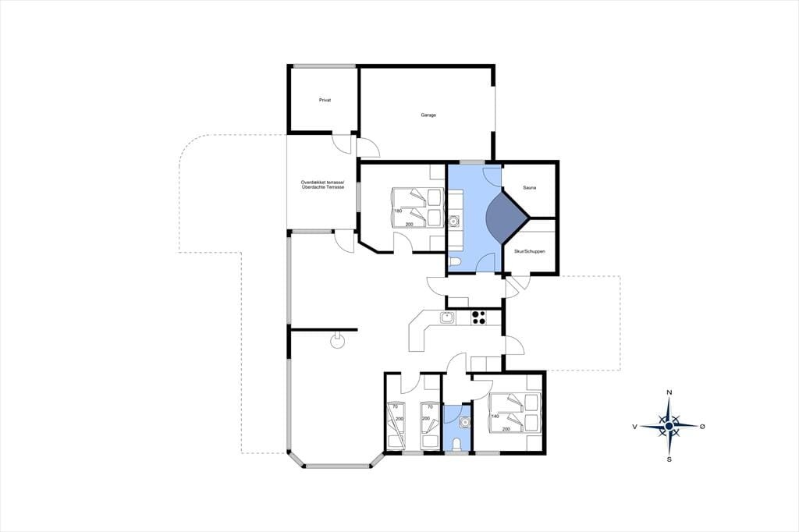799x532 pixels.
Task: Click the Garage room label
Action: [428, 115]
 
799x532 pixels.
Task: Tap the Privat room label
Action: [325, 101]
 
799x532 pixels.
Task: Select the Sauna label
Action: [530, 188]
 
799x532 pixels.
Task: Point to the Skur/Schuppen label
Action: [530, 252]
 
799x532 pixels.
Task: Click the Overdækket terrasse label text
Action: [322, 183]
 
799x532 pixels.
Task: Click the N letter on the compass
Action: [669, 392]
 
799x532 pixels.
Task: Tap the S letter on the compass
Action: [669, 459]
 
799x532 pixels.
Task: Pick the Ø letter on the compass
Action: [702, 426]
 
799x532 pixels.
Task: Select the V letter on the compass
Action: [635, 427]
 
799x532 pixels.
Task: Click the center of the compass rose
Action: [669, 426]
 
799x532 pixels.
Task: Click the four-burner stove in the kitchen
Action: [478, 317]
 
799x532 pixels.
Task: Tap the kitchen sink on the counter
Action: [447, 318]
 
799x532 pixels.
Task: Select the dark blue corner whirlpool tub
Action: [506, 218]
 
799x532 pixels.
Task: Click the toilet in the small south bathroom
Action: [457, 445]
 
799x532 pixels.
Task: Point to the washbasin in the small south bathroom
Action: [465, 422]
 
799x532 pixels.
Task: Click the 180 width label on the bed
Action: [399, 211]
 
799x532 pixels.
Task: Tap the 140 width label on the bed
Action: [494, 417]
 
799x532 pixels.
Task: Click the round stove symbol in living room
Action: [336, 340]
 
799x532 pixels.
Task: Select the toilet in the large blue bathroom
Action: [455, 262]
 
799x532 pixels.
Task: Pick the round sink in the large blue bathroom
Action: [454, 222]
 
